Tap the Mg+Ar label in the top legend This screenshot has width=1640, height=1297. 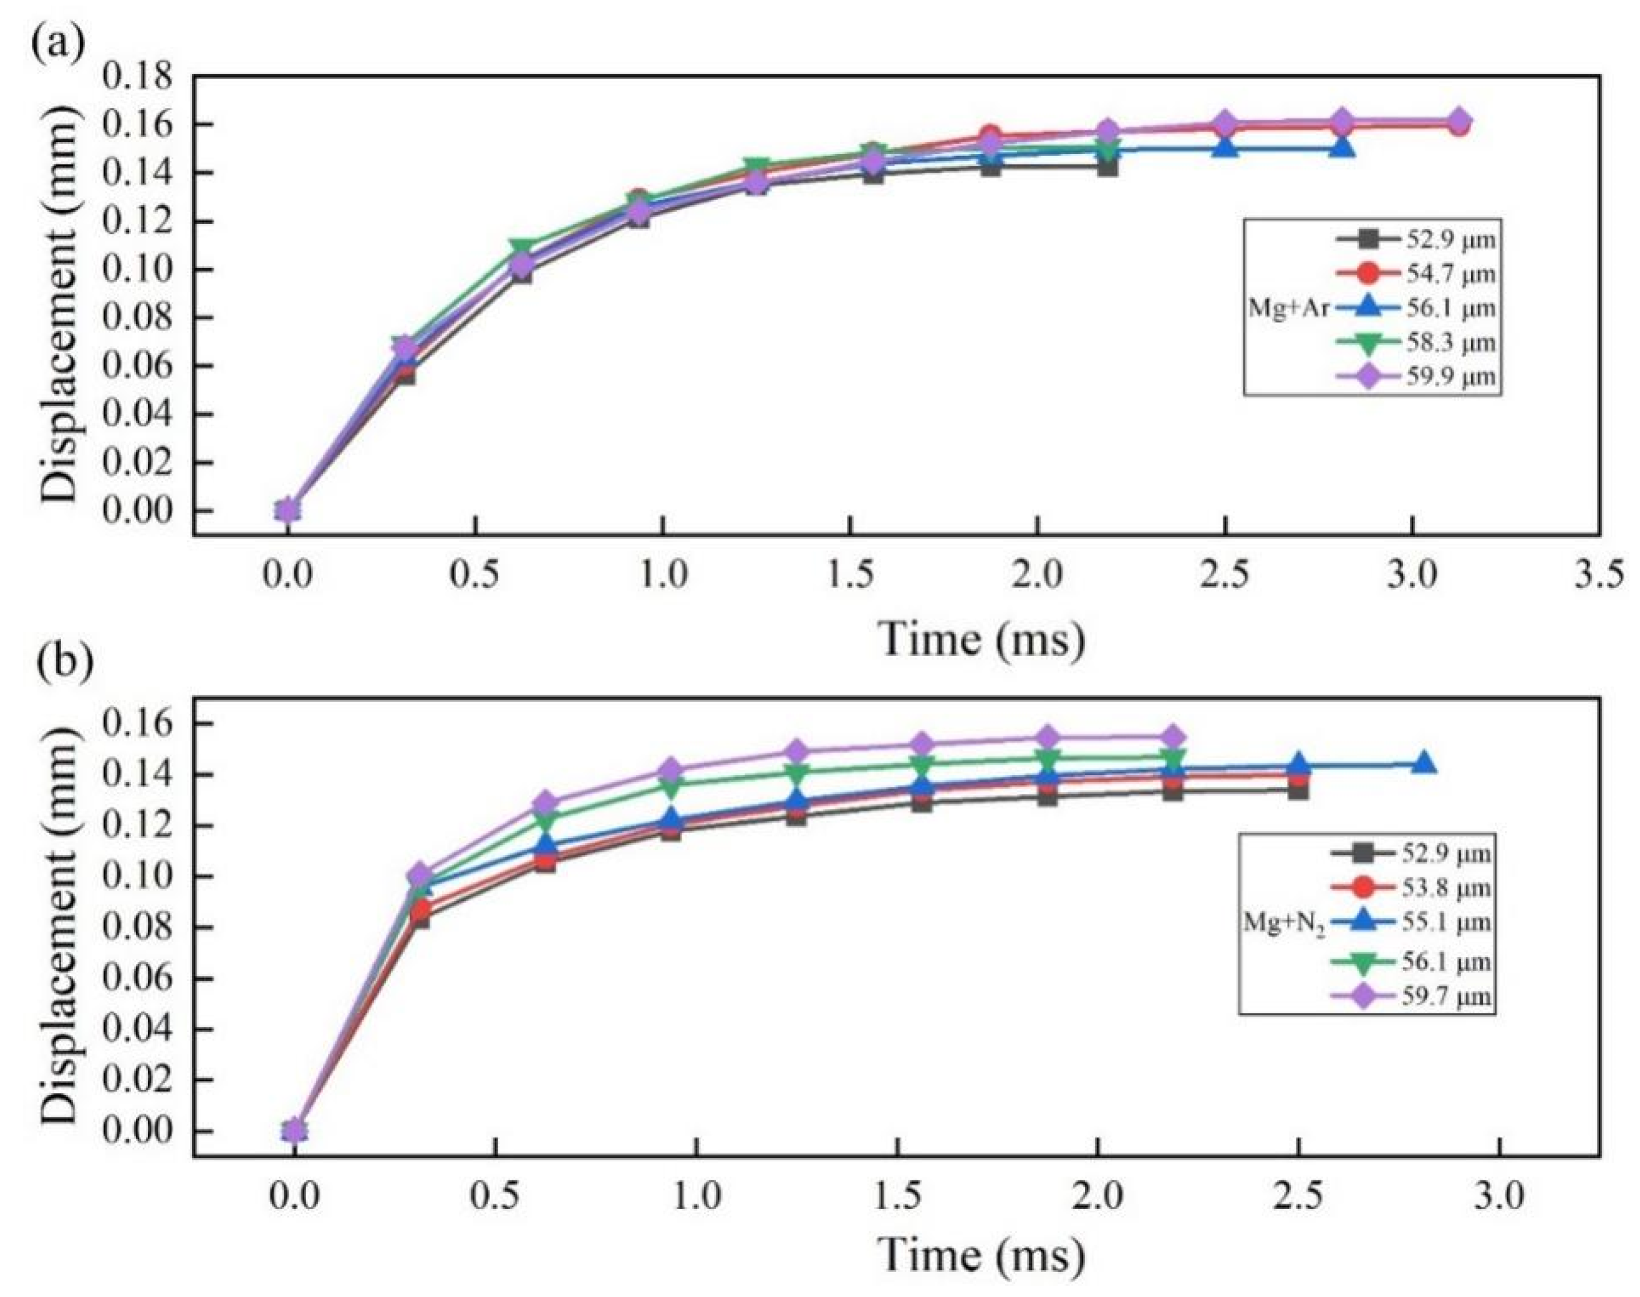(1288, 307)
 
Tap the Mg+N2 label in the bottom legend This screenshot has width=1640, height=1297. (1283, 922)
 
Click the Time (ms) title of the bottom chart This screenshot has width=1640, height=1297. (982, 1256)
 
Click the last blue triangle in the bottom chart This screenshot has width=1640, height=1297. (1424, 764)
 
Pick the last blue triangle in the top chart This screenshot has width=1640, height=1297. (1343, 147)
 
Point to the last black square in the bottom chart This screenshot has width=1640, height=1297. (1298, 790)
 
